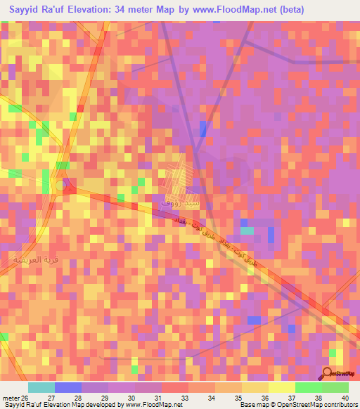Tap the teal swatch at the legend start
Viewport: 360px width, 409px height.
41,387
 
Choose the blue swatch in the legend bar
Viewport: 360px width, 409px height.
68,387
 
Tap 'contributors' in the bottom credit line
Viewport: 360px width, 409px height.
341,405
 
